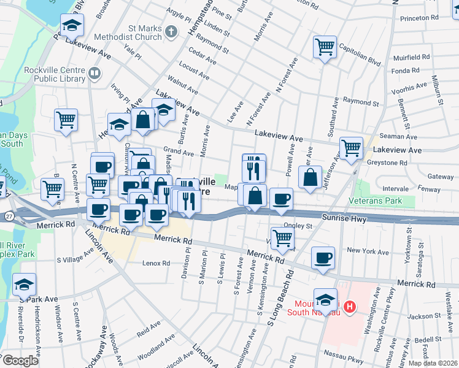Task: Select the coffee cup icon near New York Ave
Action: (323, 258)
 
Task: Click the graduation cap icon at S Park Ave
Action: (24, 285)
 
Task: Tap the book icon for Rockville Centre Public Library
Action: (95, 74)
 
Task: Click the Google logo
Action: (20, 361)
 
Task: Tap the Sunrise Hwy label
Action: (345, 217)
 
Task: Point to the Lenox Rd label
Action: (156, 263)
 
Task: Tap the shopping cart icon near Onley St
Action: (282, 237)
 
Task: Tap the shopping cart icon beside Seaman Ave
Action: (351, 147)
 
